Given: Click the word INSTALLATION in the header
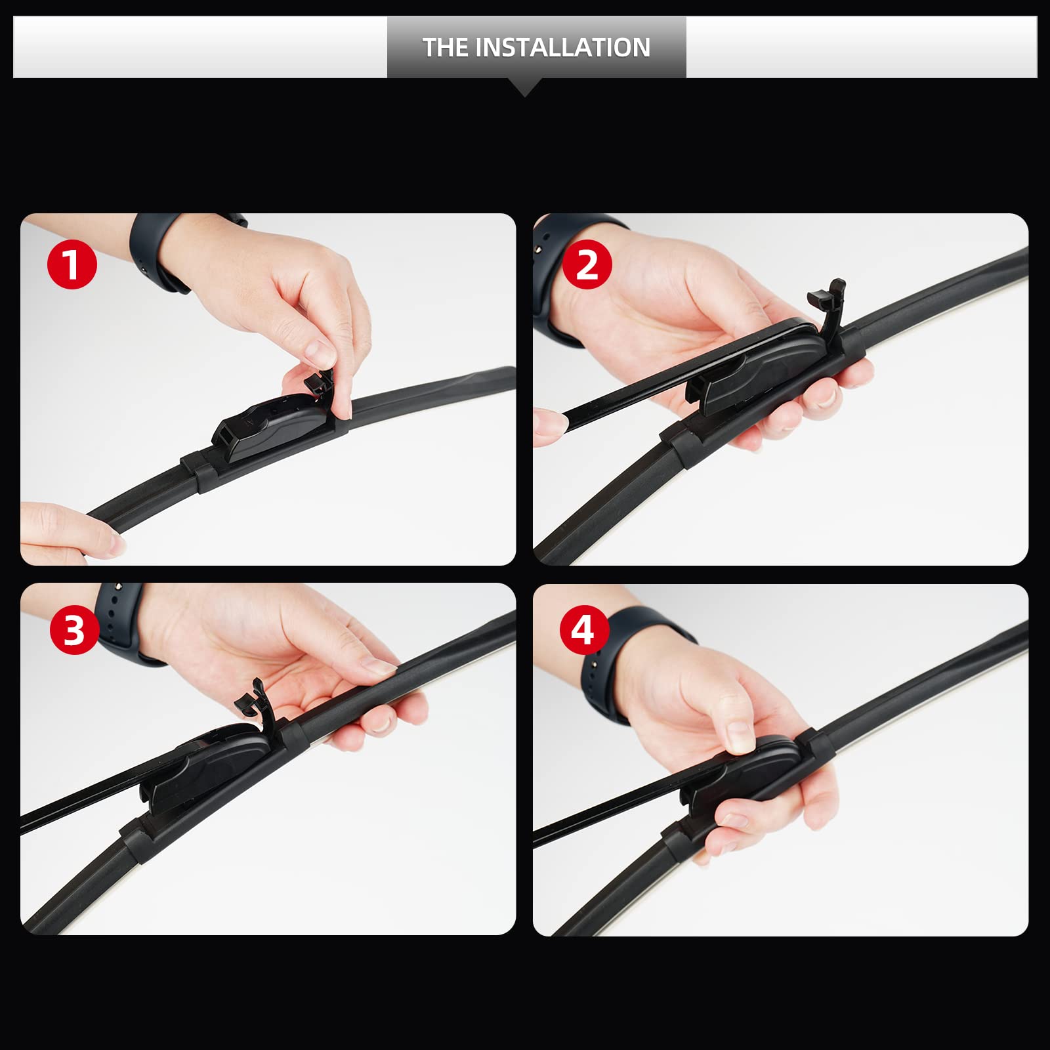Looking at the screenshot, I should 562,47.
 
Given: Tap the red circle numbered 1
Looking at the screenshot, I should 72,264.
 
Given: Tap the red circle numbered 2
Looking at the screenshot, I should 587,264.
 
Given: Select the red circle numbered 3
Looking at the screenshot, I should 74,629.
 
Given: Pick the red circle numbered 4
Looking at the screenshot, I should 583,629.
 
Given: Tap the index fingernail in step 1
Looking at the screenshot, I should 322,354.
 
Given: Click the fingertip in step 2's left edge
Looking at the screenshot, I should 549,427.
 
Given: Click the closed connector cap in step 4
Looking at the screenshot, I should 755,771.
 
